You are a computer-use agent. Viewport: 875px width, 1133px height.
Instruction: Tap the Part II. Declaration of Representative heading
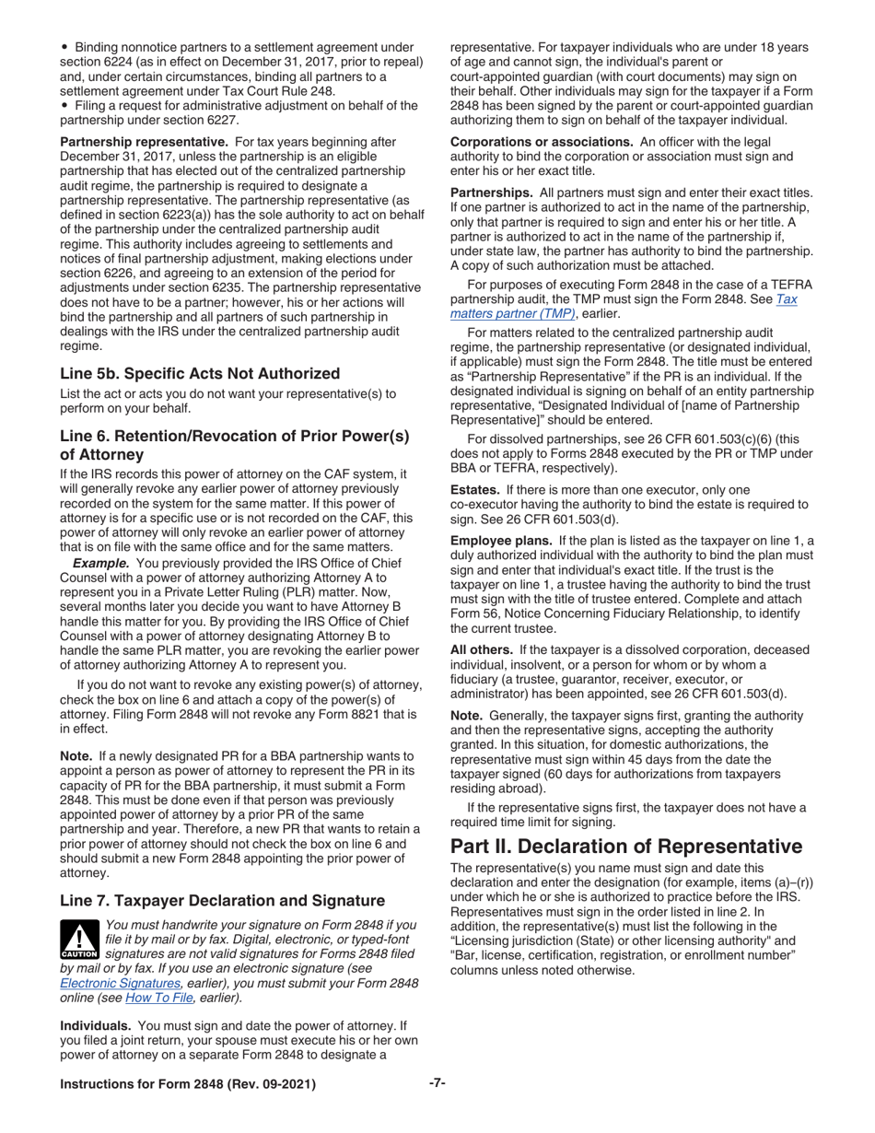624,846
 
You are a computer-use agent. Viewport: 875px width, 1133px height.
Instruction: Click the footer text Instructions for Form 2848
188,1084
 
